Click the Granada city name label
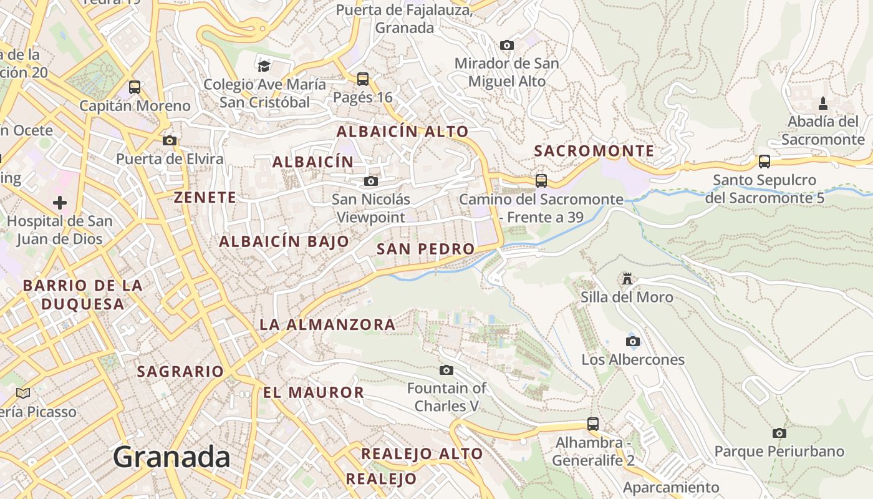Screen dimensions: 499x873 point(171,457)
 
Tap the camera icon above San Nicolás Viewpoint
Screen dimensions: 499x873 point(371,181)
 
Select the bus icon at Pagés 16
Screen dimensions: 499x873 point(363,79)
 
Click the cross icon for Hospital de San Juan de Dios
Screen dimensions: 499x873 point(60,203)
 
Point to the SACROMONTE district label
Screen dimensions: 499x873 point(594,151)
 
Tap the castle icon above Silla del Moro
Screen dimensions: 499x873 point(627,279)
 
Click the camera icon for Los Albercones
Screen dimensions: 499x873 point(633,341)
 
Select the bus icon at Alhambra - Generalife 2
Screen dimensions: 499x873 point(593,424)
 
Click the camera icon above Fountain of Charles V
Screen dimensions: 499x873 point(446,370)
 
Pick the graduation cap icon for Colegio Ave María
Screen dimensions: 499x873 point(264,65)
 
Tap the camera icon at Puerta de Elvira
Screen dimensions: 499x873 point(170,140)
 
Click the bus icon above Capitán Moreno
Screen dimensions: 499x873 point(135,87)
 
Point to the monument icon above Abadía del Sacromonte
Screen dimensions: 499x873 point(823,103)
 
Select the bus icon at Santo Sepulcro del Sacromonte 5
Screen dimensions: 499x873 point(764,162)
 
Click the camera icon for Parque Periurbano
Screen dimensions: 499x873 point(779,433)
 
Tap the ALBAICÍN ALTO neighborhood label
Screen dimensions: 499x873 point(402,132)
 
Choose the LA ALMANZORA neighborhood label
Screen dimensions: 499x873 point(327,324)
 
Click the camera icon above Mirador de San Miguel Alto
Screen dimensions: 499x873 point(507,45)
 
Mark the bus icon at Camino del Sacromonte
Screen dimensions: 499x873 point(541,181)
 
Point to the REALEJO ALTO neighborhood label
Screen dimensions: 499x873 point(422,454)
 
